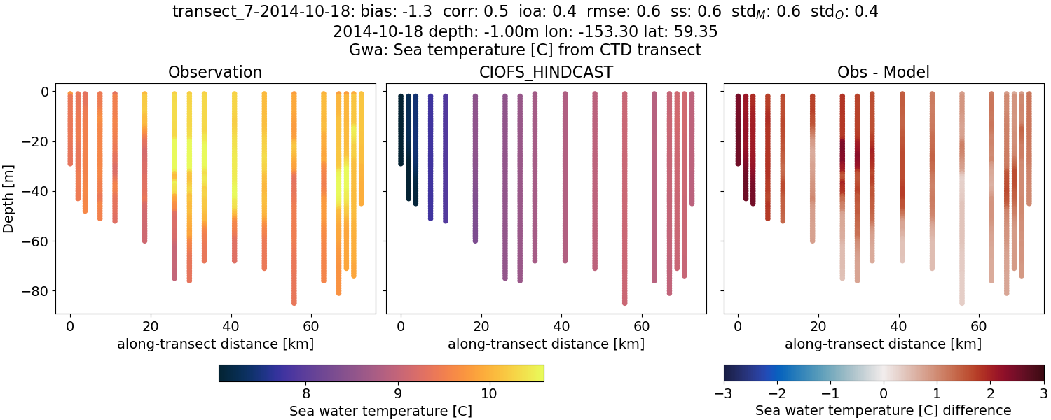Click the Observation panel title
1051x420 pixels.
(215, 72)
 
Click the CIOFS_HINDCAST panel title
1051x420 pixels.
(546, 72)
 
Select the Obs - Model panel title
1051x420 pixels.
(884, 72)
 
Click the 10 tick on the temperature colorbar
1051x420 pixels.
(489, 393)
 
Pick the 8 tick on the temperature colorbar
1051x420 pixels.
(305, 393)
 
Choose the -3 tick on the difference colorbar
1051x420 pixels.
(724, 393)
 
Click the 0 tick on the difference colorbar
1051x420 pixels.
(884, 393)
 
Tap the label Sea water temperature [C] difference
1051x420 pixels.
(884, 410)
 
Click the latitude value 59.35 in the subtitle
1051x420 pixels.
(696, 31)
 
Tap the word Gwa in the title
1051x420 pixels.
(363, 50)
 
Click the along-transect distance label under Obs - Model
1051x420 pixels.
(883, 344)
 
